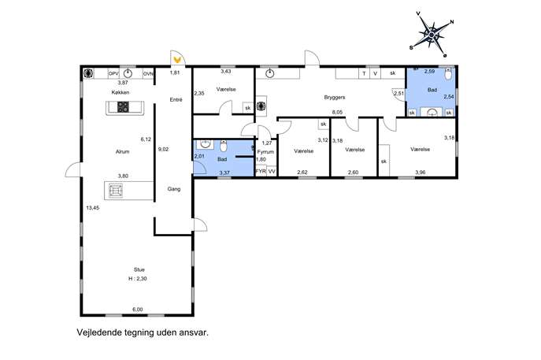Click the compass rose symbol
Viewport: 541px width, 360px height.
[432, 35]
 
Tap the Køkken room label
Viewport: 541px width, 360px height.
[120, 92]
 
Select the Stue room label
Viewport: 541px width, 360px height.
[139, 269]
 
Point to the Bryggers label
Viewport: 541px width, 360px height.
[335, 98]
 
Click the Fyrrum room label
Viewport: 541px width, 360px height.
[265, 152]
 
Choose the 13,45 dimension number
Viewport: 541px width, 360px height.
[93, 208]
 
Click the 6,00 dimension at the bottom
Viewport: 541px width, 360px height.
[137, 310]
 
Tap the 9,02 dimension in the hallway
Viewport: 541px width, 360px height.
[163, 150]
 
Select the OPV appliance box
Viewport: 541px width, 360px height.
[113, 73]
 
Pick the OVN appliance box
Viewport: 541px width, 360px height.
[148, 73]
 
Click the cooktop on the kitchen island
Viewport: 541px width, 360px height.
[123, 107]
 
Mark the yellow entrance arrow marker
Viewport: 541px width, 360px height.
[178, 60]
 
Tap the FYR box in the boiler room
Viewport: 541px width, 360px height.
[261, 171]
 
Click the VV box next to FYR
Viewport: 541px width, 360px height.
[272, 171]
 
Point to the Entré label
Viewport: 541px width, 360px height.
[176, 100]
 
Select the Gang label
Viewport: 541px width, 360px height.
[174, 189]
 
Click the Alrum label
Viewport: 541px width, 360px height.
[123, 151]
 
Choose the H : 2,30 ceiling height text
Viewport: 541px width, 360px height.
[138, 279]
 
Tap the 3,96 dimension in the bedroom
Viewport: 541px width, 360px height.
[421, 173]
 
